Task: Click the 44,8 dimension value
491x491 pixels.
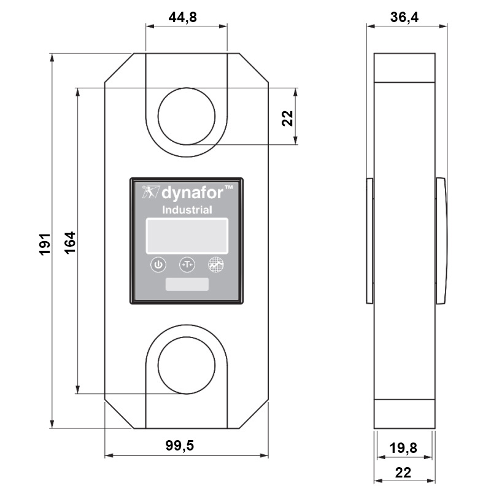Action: (x=183, y=18)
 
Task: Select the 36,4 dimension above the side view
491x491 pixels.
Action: (x=404, y=18)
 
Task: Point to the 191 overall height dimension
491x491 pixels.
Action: (x=45, y=244)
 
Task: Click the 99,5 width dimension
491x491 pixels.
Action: (x=180, y=446)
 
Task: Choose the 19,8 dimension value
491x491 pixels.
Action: (x=403, y=449)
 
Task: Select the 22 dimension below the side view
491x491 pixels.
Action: (x=403, y=473)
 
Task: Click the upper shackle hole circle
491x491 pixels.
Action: (x=186, y=117)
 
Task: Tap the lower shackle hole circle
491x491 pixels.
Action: (x=186, y=365)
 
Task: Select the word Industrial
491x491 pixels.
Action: (x=187, y=211)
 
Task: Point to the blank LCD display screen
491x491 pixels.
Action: (x=187, y=235)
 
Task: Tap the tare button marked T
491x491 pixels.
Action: (x=187, y=265)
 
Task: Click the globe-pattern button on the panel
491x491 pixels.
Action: (x=215, y=265)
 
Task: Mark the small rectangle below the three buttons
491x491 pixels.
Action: (x=187, y=284)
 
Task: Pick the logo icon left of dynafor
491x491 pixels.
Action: (x=149, y=192)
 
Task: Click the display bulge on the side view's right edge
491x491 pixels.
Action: (x=441, y=241)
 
